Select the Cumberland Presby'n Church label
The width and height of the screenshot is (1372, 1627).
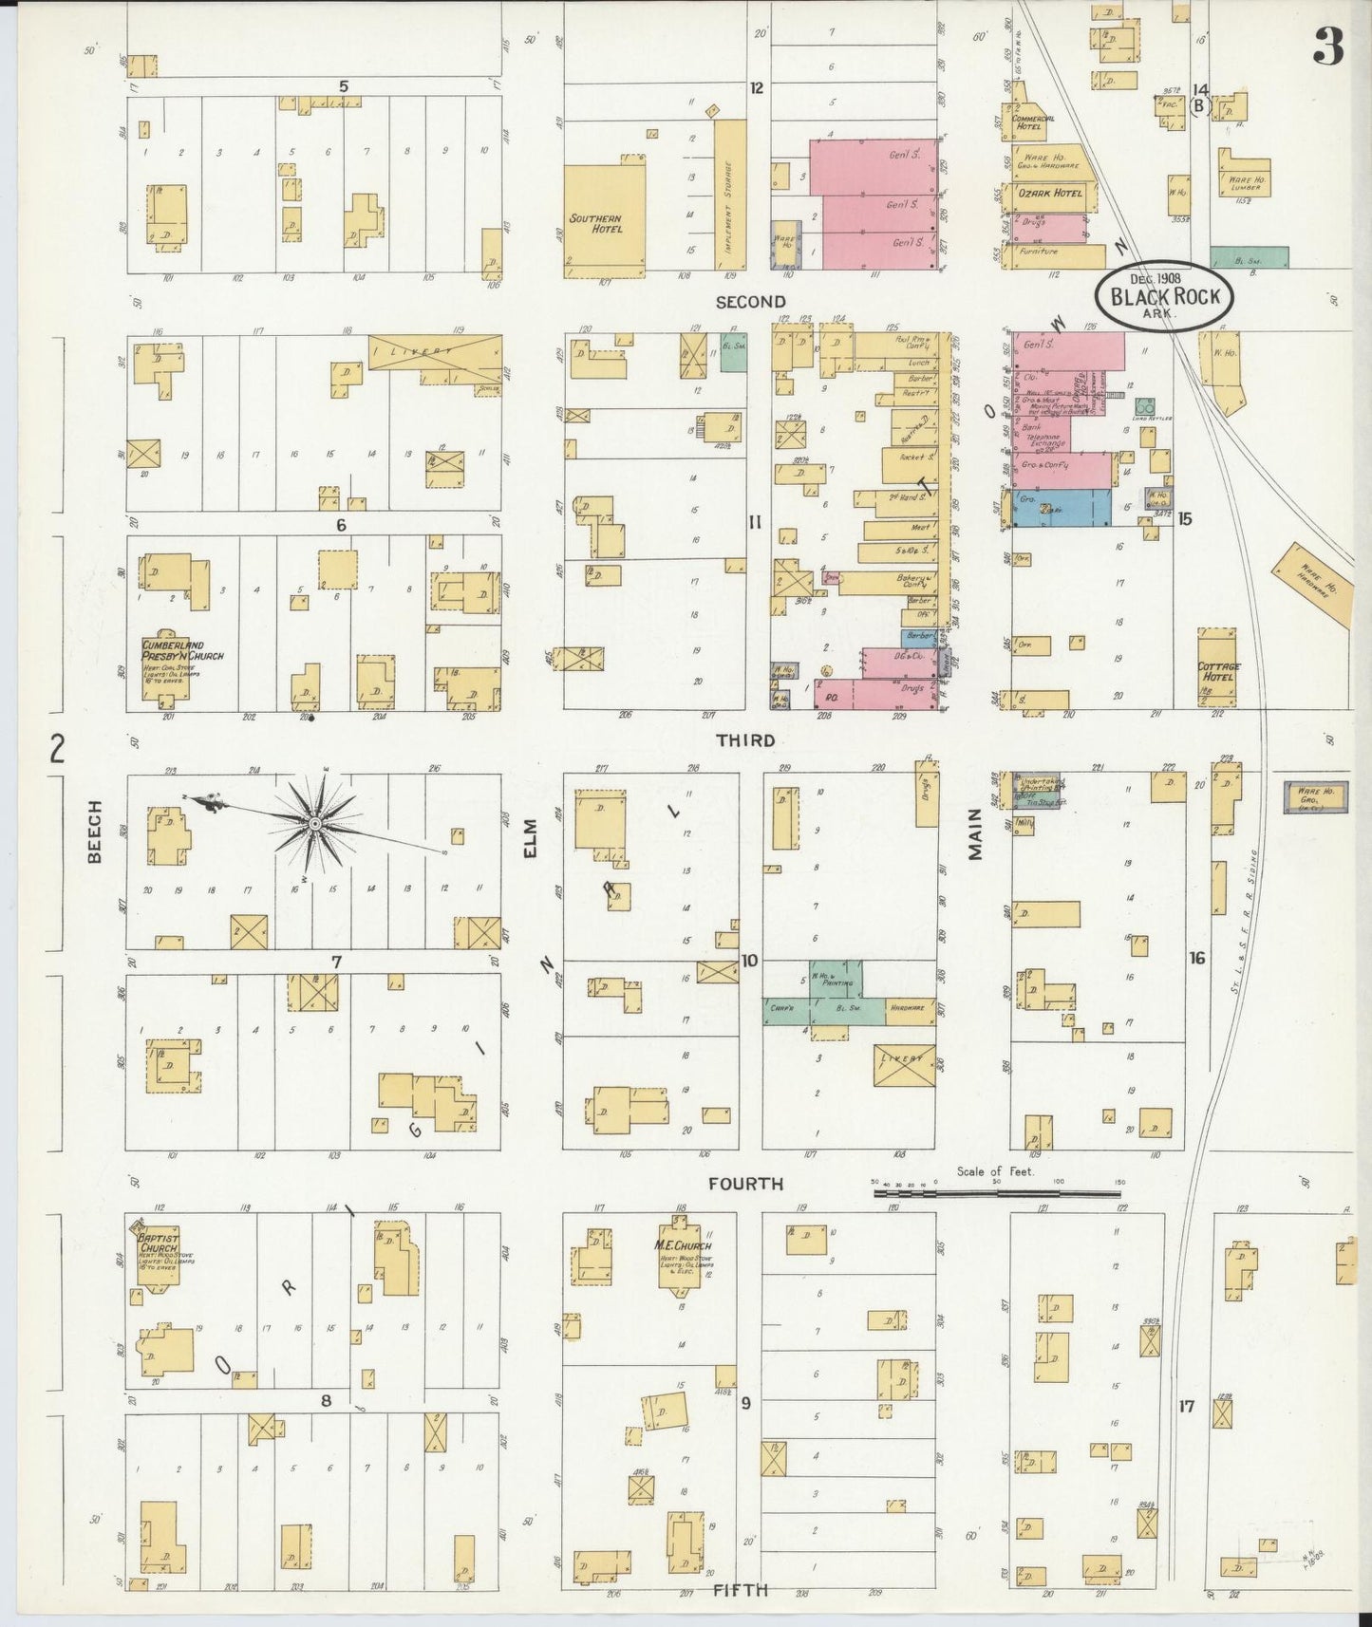[x=181, y=650]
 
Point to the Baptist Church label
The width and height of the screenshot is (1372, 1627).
[x=160, y=1244]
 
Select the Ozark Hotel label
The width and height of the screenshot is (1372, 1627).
[x=1050, y=193]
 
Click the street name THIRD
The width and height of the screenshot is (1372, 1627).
[x=745, y=739]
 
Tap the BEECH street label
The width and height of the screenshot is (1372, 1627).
[x=94, y=844]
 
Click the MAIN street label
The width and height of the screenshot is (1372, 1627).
[x=975, y=839]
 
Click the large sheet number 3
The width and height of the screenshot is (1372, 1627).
[x=1328, y=47]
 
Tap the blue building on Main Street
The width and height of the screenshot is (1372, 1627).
[x=1062, y=508]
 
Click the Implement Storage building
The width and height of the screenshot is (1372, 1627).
[x=729, y=194]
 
